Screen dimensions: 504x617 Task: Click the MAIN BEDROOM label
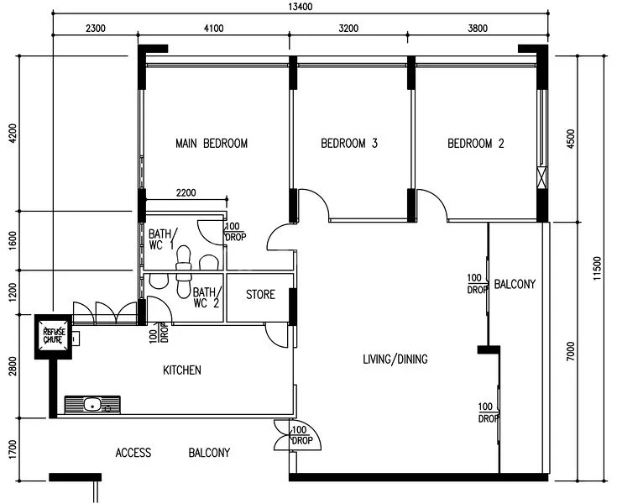tap(212, 144)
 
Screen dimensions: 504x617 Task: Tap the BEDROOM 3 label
tap(349, 144)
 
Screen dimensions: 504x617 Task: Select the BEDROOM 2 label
tap(476, 144)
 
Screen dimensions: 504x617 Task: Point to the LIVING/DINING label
tap(395, 360)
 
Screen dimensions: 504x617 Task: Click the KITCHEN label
tap(181, 370)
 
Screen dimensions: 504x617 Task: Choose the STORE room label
tap(260, 295)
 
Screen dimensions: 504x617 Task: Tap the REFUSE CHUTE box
tap(53, 338)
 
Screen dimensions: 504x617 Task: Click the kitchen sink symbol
tap(92, 405)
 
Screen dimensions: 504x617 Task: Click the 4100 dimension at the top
tap(213, 28)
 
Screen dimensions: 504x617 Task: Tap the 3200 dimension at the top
tap(348, 28)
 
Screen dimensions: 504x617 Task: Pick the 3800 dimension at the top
tap(476, 28)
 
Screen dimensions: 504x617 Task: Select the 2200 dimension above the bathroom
tap(186, 193)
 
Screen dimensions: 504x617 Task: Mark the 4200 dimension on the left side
tap(12, 134)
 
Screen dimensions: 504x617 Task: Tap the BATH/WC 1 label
tap(161, 239)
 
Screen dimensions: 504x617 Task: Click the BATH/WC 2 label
tap(206, 298)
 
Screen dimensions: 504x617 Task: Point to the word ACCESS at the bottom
tap(133, 454)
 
